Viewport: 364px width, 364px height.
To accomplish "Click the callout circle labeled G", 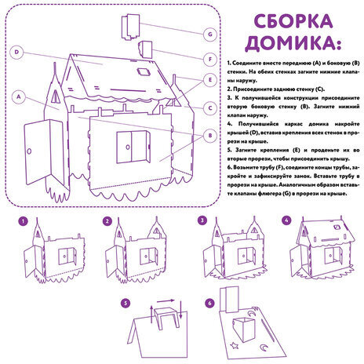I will (x=210, y=34).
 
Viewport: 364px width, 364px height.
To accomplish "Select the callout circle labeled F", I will (x=210, y=58).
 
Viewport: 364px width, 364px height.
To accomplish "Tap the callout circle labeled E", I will (x=210, y=81).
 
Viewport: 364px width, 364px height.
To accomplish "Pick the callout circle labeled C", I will (x=210, y=107).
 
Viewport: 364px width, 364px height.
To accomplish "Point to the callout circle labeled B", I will (x=210, y=135).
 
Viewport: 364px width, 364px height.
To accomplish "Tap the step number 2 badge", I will (x=107, y=221).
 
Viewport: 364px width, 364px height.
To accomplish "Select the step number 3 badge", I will (x=202, y=221).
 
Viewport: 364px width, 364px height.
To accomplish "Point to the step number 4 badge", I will (x=286, y=221).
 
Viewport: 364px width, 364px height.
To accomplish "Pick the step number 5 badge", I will (x=125, y=303).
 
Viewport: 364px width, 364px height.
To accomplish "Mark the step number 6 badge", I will (x=209, y=303).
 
